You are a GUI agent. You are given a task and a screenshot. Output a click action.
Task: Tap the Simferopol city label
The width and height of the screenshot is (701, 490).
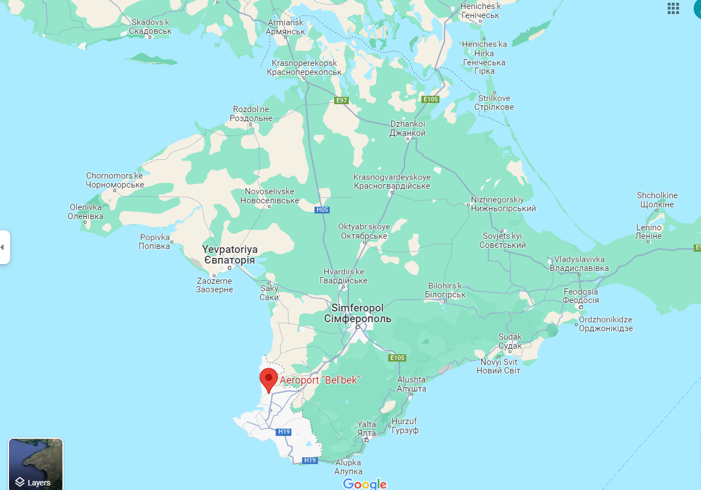pos(357,314)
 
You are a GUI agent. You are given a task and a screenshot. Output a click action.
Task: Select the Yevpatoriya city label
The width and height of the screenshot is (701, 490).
pos(230,255)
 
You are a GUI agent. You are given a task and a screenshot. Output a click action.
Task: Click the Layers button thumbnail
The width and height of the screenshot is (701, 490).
pos(35,464)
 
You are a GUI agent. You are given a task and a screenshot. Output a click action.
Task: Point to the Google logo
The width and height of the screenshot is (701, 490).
pos(365,484)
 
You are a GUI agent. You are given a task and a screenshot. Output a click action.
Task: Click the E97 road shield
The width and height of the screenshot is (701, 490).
pos(341,100)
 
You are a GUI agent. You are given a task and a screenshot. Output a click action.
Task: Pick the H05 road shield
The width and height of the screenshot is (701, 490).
pos(322,210)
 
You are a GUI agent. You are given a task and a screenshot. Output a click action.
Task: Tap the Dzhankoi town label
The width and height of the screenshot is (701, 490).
pos(407,128)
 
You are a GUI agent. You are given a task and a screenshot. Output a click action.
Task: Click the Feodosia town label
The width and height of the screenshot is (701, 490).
pos(581,296)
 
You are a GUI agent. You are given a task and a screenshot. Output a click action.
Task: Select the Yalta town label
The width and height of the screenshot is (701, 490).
pos(367,429)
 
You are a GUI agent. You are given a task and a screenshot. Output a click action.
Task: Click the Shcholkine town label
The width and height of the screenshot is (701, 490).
pos(657,200)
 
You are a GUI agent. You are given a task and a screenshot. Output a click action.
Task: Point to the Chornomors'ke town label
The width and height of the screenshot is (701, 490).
pos(115,180)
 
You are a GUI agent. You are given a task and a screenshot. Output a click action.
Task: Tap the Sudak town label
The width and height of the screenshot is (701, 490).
pos(510,341)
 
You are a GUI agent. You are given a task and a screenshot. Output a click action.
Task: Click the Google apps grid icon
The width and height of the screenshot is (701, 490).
pos(673,8)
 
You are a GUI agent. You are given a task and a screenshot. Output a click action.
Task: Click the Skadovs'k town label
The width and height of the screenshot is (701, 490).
pos(150,26)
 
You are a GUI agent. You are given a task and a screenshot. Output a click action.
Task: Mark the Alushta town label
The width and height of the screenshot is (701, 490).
pos(411,384)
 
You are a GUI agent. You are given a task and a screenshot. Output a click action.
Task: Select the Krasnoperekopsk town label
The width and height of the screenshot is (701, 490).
pos(304,68)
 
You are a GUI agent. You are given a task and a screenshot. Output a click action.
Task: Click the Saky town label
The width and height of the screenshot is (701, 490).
pos(269,293)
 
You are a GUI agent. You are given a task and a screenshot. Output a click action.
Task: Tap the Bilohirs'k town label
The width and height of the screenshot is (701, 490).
pos(444,290)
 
